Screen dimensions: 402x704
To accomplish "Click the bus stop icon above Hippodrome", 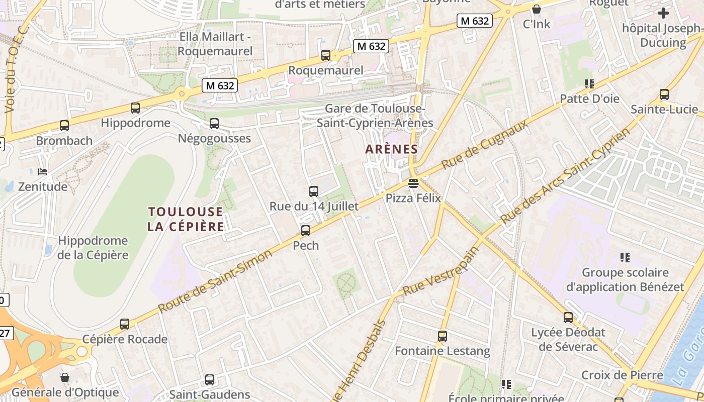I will pyautogui.click(x=135, y=108).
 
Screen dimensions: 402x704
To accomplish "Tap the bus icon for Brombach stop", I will pyautogui.click(x=64, y=126).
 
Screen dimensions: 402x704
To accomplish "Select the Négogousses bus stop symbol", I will pyautogui.click(x=214, y=124).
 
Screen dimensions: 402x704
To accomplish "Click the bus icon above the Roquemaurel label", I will pyautogui.click(x=326, y=55).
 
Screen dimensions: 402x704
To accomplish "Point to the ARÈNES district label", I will pyautogui.click(x=392, y=149).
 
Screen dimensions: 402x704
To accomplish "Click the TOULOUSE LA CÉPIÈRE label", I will pyautogui.click(x=186, y=219).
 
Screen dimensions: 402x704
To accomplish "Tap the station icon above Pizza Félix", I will pyautogui.click(x=413, y=183).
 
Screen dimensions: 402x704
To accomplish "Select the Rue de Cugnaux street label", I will pyautogui.click(x=485, y=144).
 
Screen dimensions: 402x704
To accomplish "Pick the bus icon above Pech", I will pyautogui.click(x=306, y=231).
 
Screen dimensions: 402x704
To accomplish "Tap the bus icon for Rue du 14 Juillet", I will pyautogui.click(x=314, y=191).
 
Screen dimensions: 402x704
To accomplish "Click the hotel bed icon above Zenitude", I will pyautogui.click(x=43, y=172).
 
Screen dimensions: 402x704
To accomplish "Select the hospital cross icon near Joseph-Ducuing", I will pyautogui.click(x=663, y=13).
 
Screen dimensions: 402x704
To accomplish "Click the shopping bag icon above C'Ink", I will pyautogui.click(x=537, y=9).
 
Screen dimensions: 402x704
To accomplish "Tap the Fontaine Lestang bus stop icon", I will pyautogui.click(x=443, y=336).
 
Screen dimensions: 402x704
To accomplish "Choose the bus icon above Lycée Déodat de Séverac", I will pyautogui.click(x=568, y=318).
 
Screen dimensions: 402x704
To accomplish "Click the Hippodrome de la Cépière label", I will pyautogui.click(x=93, y=248).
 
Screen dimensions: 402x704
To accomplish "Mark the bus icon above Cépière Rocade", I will pyautogui.click(x=125, y=324).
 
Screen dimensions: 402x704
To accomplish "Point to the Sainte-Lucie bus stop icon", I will pyautogui.click(x=664, y=94).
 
